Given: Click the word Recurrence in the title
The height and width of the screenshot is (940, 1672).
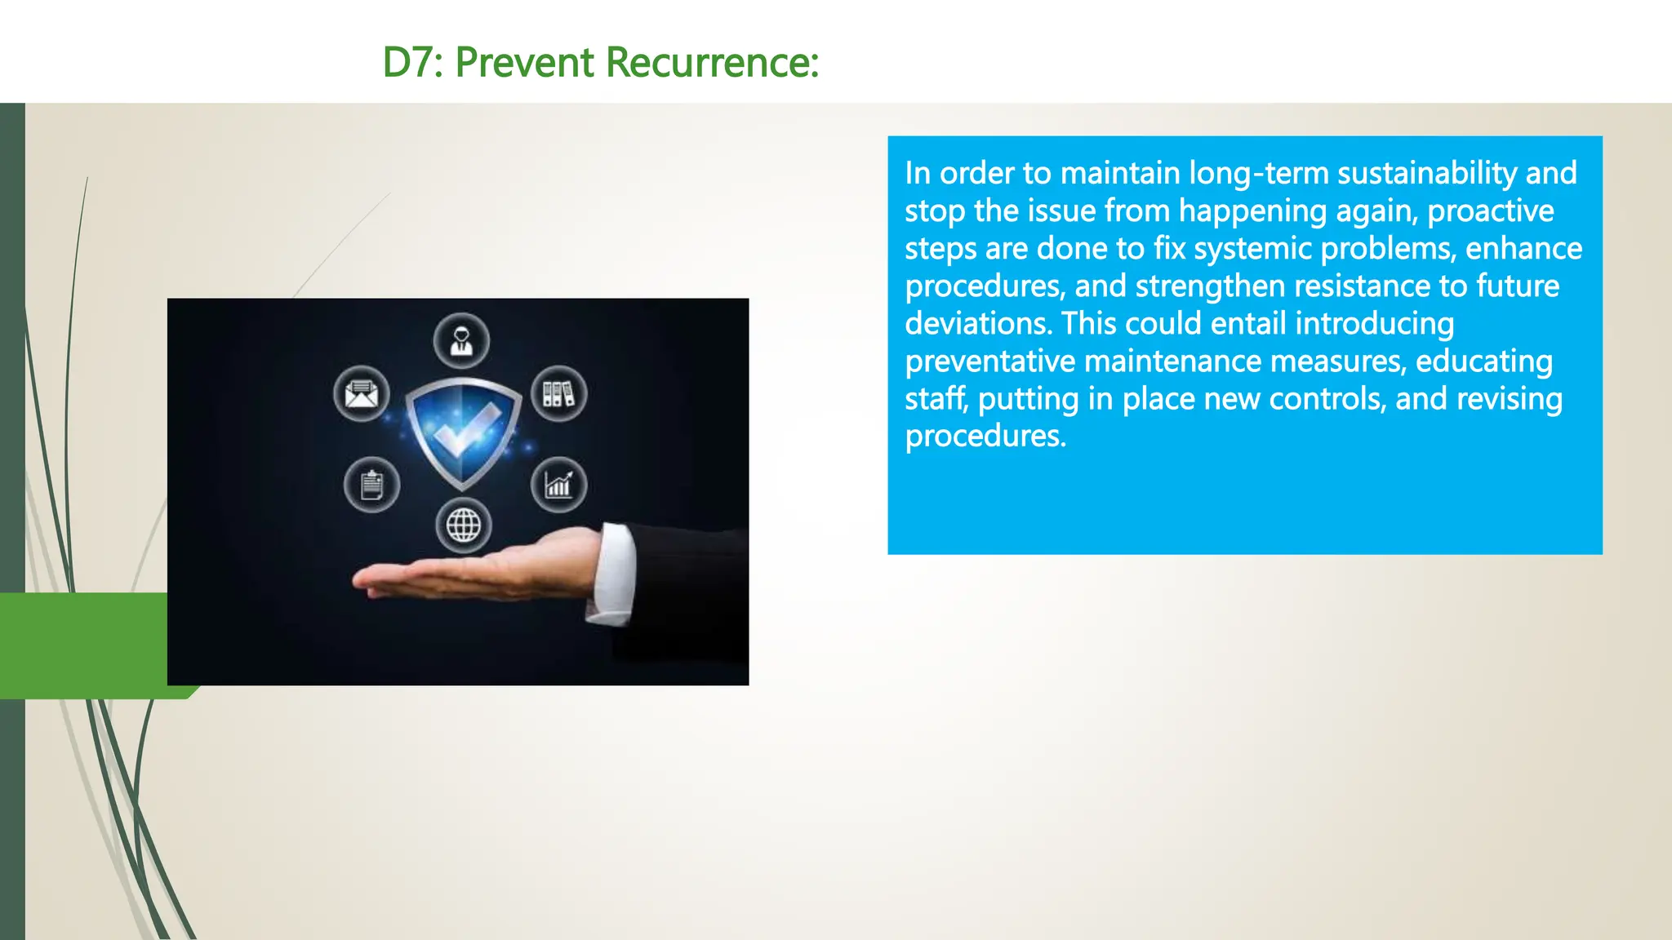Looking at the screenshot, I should (x=712, y=63).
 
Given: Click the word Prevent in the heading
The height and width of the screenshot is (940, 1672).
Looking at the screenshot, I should (x=524, y=63).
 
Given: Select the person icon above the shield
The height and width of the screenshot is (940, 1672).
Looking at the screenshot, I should (x=461, y=340).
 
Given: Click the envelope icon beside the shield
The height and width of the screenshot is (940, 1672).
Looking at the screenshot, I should (x=361, y=394).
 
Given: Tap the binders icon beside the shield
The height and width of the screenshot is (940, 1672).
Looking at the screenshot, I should (x=558, y=394).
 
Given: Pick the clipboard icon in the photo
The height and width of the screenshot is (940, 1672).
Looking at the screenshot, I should (x=371, y=485).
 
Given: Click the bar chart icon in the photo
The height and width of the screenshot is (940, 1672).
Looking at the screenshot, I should (x=558, y=486).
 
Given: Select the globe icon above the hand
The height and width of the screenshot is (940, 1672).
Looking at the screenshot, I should (x=463, y=525).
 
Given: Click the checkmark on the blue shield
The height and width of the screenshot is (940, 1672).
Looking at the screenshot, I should (x=464, y=428).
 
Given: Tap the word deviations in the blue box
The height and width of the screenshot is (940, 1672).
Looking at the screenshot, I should (x=977, y=324).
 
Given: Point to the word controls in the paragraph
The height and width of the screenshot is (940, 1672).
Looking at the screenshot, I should (x=1326, y=399).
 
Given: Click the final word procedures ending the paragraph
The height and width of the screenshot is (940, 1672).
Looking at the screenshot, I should (x=984, y=437).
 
